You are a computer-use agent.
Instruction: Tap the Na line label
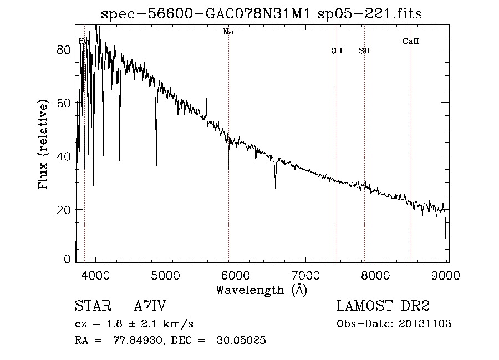[228, 32]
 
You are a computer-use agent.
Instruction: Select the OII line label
[337, 50]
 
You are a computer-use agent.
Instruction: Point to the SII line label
[364, 50]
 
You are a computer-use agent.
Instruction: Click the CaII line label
[410, 41]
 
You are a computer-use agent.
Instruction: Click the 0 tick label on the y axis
[67, 259]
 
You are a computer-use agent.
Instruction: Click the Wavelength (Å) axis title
[261, 290]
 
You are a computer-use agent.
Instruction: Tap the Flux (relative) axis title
[44, 144]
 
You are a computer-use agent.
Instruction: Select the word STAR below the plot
[91, 307]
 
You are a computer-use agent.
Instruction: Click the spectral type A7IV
[150, 307]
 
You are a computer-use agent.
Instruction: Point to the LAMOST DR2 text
[383, 307]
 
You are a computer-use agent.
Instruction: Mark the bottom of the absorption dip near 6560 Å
[276, 187]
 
